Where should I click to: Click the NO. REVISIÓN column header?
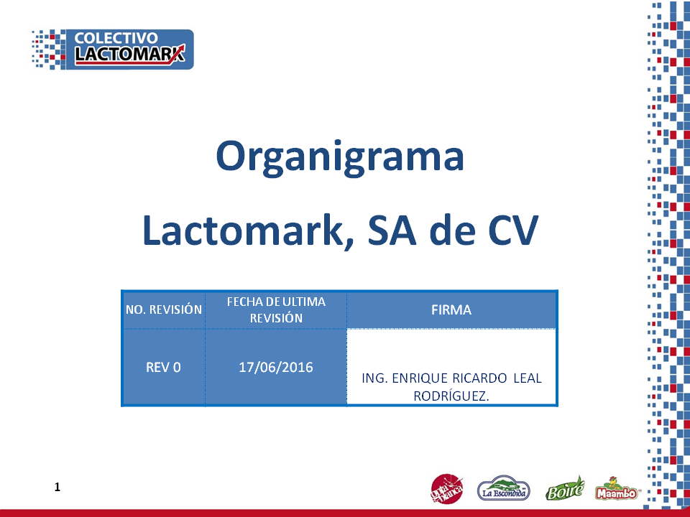click(164, 309)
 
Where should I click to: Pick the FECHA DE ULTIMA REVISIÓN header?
click(276, 310)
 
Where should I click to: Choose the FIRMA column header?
click(451, 310)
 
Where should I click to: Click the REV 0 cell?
click(163, 367)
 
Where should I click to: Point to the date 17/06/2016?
click(276, 367)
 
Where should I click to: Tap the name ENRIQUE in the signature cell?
click(419, 378)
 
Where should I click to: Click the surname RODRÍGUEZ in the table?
click(451, 396)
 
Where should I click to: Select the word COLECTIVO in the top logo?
click(116, 38)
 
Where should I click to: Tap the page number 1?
click(57, 487)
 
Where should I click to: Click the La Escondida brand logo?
click(504, 488)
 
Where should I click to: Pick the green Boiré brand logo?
click(565, 489)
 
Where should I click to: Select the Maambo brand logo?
click(616, 489)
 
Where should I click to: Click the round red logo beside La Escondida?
click(446, 488)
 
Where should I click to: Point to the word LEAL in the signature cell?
click(528, 378)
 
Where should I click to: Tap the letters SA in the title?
click(392, 230)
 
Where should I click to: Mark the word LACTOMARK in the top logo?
click(129, 54)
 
